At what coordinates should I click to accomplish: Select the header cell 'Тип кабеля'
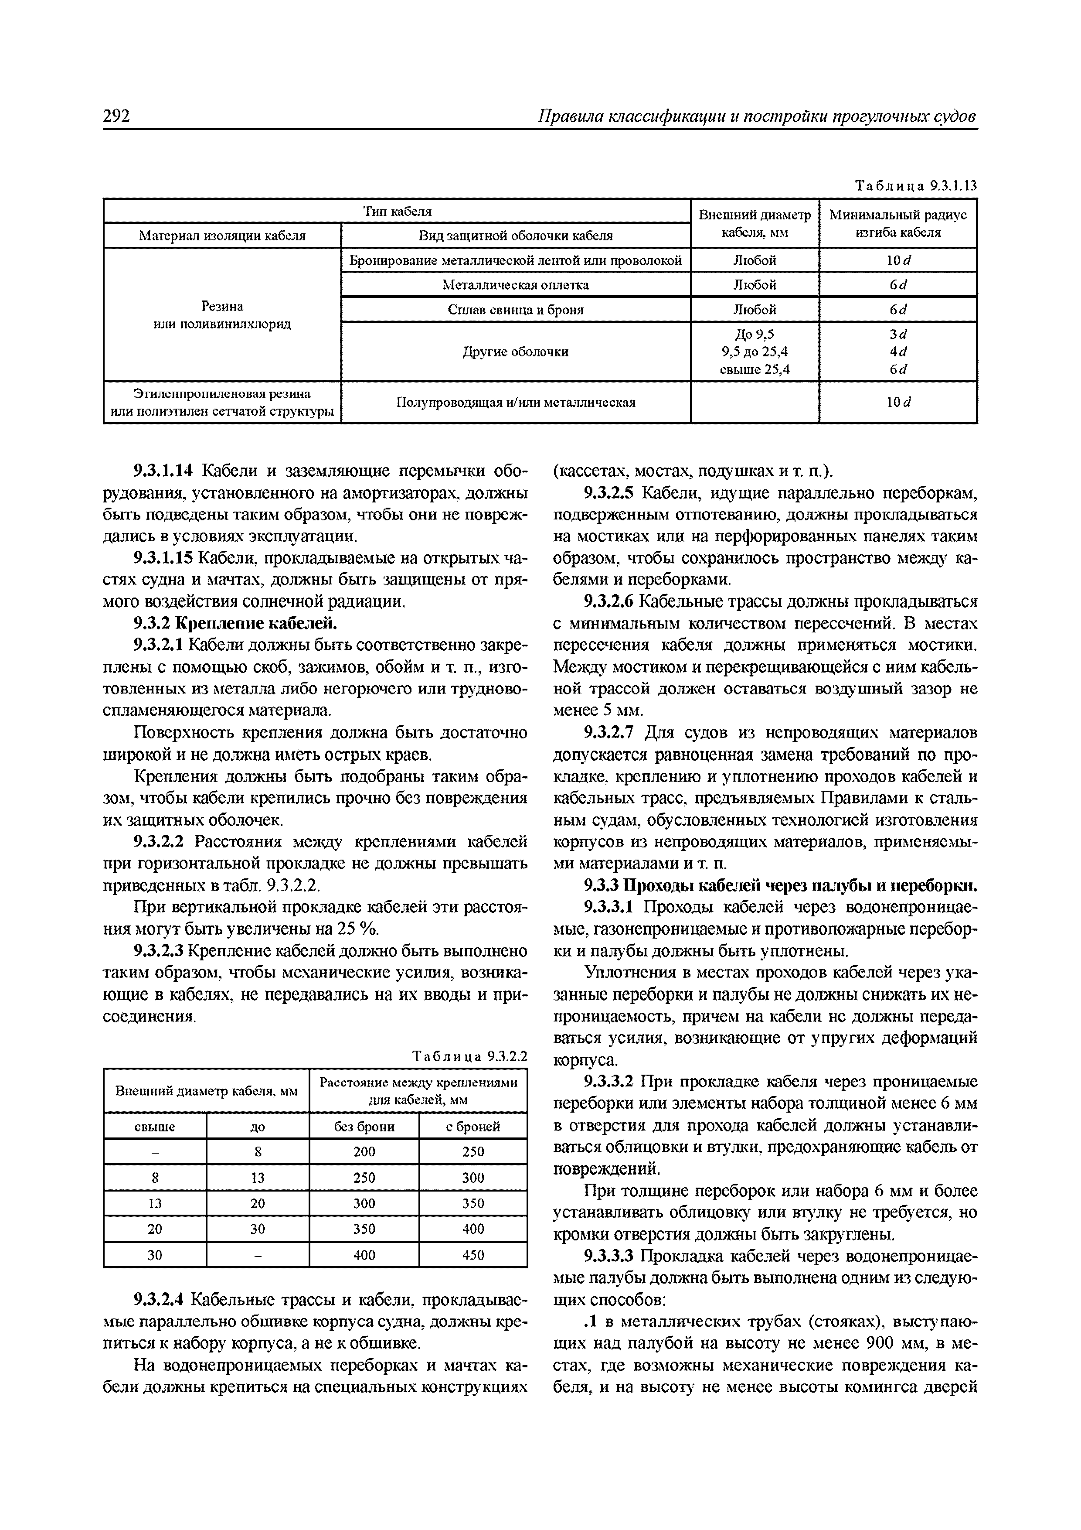397,211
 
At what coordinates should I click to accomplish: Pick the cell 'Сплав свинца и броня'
516,310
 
